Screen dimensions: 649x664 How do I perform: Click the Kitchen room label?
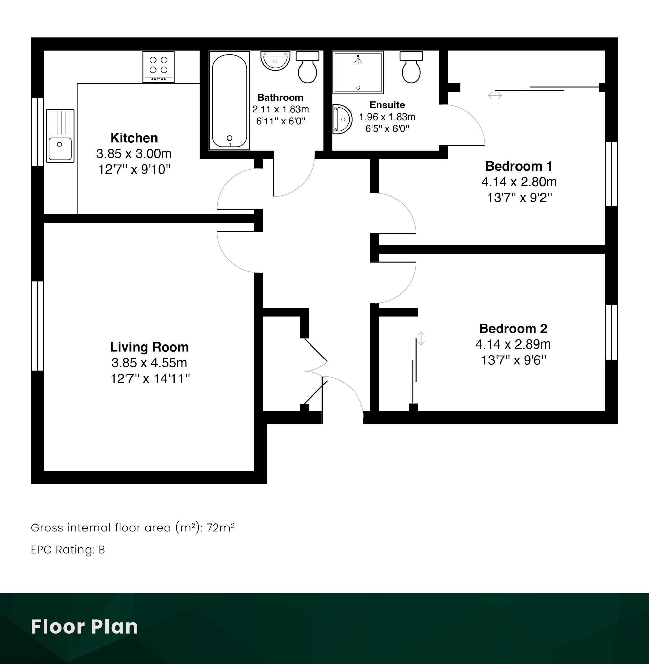134,138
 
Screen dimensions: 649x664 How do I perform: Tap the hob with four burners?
159,67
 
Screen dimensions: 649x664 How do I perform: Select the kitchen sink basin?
60,136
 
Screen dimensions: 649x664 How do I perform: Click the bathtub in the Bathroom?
230,100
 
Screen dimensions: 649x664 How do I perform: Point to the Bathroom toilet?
308,67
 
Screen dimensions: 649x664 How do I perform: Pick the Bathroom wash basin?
275,60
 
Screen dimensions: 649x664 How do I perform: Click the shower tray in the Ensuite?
358,72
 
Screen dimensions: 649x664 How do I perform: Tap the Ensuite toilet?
411,67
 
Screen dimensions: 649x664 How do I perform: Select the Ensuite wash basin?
342,119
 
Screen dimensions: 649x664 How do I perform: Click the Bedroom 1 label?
519,166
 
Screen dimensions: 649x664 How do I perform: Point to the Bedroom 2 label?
513,329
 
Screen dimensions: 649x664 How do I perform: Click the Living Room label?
149,347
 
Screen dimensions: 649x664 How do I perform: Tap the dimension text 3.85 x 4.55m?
149,363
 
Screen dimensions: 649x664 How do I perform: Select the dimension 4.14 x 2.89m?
513,344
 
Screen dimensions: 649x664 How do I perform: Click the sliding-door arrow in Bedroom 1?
495,95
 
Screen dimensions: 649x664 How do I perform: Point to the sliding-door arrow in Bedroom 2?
421,338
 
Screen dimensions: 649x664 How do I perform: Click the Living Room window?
38,326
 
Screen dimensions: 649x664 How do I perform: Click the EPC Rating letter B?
102,550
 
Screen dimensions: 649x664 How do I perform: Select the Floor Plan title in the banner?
85,627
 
